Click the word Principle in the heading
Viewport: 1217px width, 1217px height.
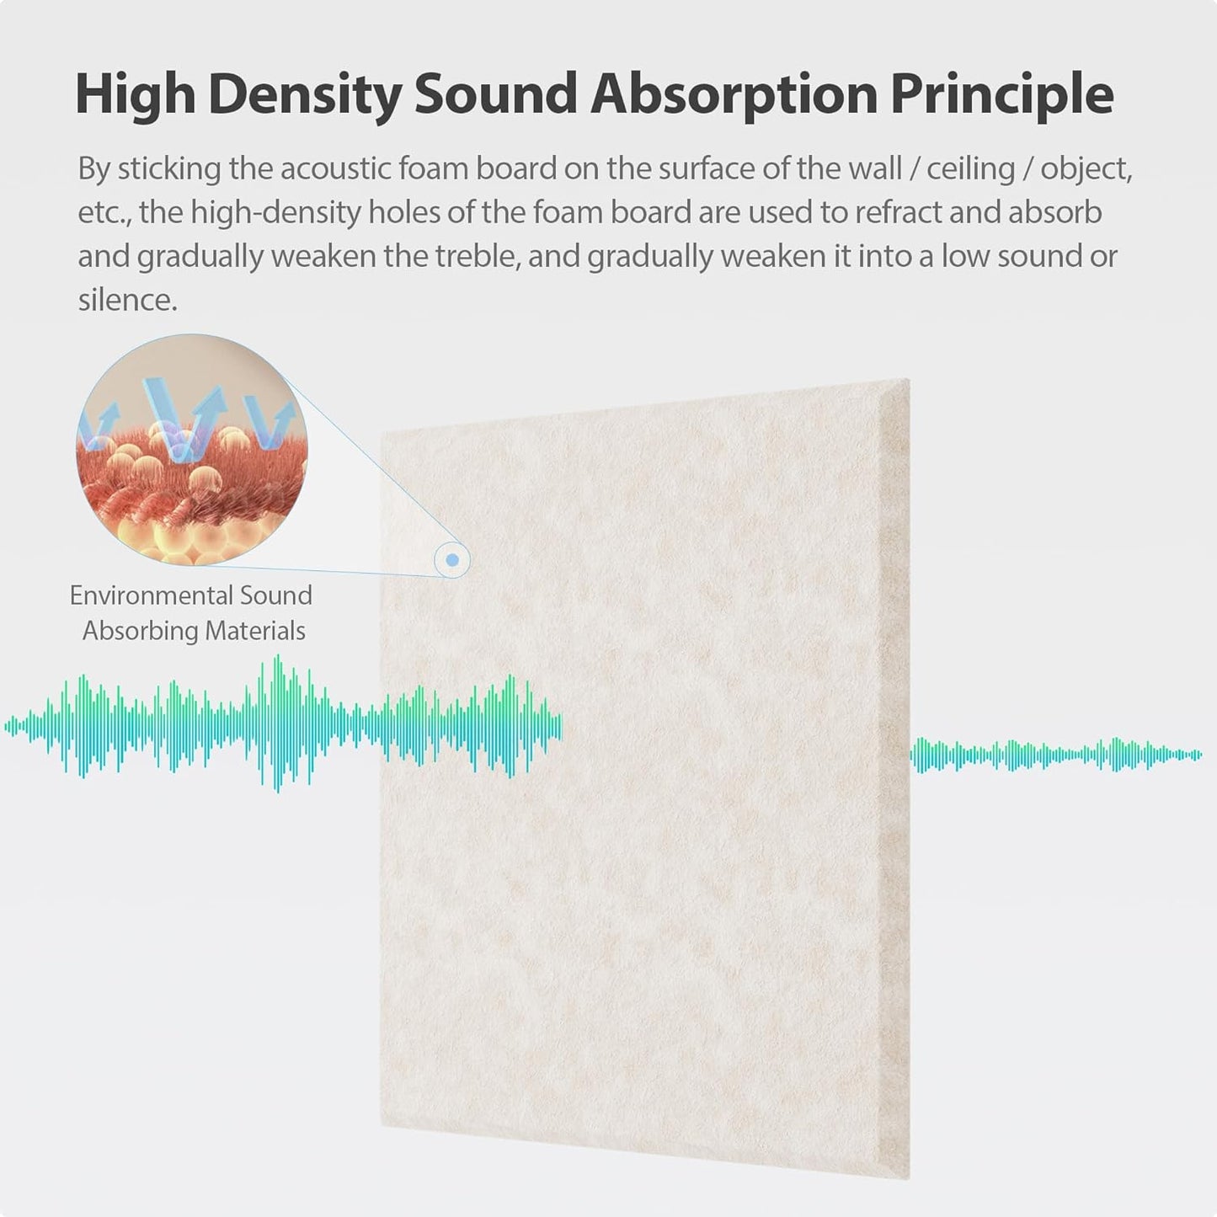pyautogui.click(x=1001, y=95)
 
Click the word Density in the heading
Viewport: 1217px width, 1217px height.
pyautogui.click(x=303, y=95)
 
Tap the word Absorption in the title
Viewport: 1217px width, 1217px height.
pyautogui.click(x=733, y=95)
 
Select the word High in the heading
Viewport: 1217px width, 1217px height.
pyautogui.click(x=135, y=95)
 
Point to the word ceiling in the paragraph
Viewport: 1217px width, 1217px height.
pyautogui.click(x=970, y=168)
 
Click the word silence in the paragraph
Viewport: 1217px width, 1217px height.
pyautogui.click(x=126, y=300)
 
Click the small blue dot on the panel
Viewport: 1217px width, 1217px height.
pyautogui.click(x=452, y=559)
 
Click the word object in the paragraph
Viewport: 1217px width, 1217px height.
pyautogui.click(x=1086, y=168)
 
